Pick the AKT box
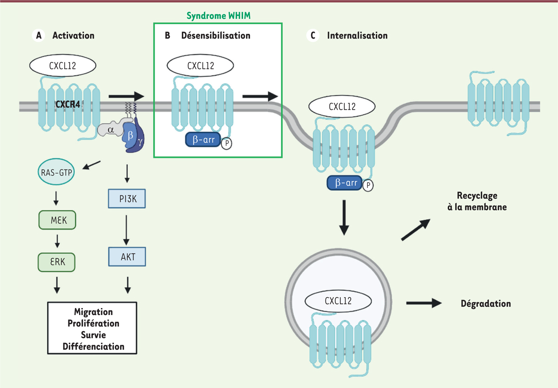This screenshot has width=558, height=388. pos(126,256)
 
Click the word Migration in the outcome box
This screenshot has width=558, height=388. pos(93,312)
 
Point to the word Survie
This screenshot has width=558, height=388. pos(93,335)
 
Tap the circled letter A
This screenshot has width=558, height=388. pos(39,35)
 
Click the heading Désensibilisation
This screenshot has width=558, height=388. pos(216,36)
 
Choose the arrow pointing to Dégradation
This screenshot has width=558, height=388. pos(424,303)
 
